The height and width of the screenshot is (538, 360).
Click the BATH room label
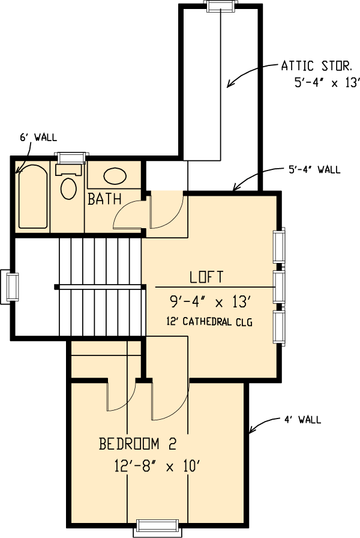(104, 199)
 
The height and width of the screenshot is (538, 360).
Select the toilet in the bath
(68, 182)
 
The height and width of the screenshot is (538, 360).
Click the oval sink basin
(115, 176)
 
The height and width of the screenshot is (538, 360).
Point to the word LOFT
(207, 277)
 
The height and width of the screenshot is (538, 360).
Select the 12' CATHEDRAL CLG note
(209, 322)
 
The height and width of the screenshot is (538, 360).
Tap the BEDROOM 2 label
(137, 444)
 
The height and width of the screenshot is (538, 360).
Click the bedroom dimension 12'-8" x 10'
(157, 467)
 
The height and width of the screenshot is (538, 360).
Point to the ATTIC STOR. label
(317, 65)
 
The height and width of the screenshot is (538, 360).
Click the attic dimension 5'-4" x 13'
(327, 83)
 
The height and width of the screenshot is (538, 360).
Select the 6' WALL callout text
(38, 138)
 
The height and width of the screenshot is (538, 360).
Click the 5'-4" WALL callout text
(314, 169)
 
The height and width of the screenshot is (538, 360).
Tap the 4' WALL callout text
(303, 420)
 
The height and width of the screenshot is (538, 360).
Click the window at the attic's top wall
(221, 6)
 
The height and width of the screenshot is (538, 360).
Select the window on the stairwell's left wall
(9, 287)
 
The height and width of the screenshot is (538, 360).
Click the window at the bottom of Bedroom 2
(157, 528)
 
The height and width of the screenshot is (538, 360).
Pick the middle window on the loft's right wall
(279, 287)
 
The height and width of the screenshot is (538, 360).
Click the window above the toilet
(71, 157)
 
